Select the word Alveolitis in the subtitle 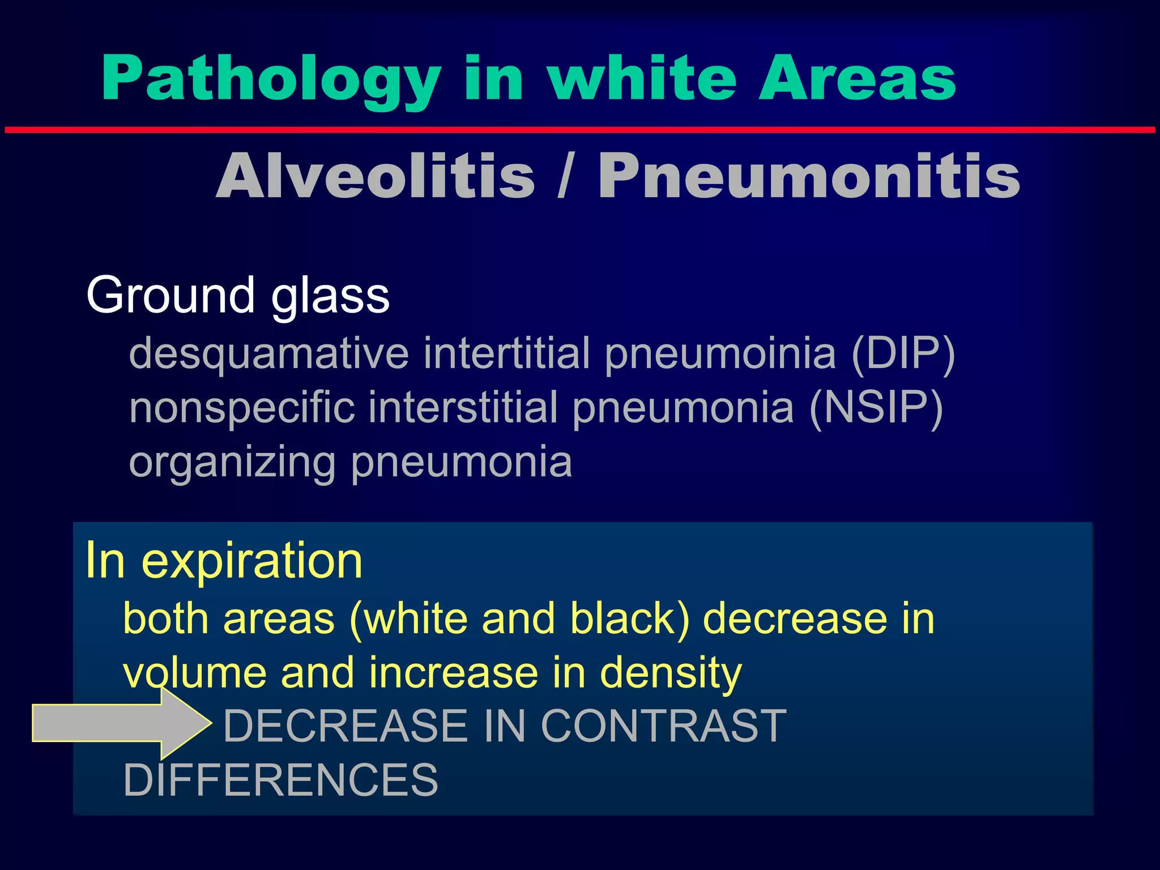point(375,177)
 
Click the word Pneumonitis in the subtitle point(809,177)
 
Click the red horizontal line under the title point(580,130)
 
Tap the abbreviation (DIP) point(903,353)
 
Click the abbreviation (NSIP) point(876,408)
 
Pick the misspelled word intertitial point(507,353)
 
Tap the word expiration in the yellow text point(251,561)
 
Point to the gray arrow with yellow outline point(119,723)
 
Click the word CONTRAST point(663,726)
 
